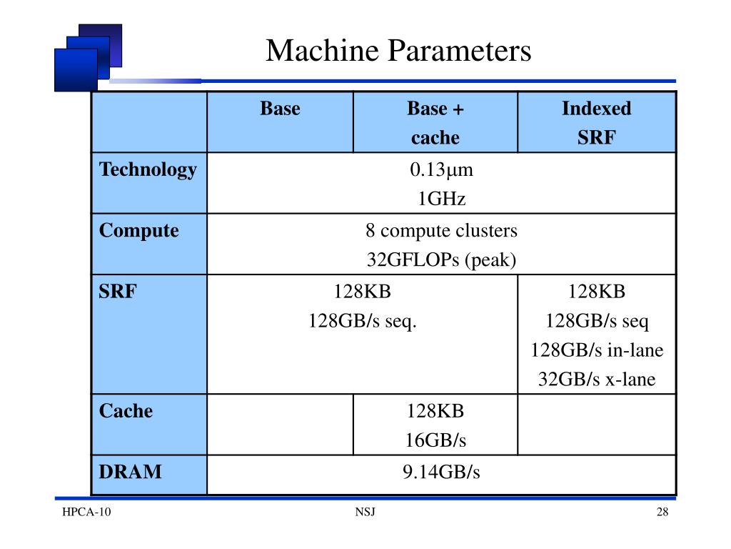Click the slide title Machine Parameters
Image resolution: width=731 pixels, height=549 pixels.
[x=398, y=51]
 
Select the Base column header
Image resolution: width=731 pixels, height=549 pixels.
[x=280, y=109]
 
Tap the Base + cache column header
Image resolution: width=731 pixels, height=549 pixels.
[x=435, y=123]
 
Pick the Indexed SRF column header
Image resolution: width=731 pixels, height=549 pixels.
[x=596, y=123]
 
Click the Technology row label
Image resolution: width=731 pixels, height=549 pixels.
[x=148, y=170]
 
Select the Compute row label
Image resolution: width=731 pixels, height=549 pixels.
[x=139, y=231]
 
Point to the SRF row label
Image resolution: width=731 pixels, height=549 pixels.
[x=117, y=292]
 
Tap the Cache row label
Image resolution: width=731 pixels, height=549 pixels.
[x=126, y=411]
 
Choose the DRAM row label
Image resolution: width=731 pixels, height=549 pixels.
[x=130, y=472]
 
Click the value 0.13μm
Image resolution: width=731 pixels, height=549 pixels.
[x=441, y=170]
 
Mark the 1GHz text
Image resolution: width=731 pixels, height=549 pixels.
[x=441, y=199]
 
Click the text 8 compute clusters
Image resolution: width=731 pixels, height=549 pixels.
[x=441, y=231]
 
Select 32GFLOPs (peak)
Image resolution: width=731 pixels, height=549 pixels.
[x=441, y=260]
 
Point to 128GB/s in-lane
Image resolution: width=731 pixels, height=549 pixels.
[x=596, y=350]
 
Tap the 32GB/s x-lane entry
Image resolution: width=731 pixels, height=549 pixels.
[x=596, y=380]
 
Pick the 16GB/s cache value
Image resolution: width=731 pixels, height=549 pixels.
[x=435, y=440]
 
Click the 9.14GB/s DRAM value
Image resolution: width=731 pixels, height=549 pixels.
[x=441, y=472]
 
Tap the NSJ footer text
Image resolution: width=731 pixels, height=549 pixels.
[x=365, y=513]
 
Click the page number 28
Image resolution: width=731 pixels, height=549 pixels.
[x=662, y=513]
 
